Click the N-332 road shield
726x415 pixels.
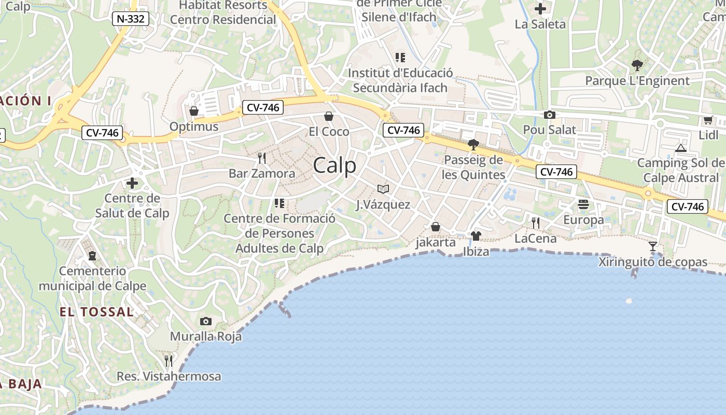(131, 19)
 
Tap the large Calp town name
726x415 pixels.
(334, 165)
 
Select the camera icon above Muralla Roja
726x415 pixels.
(206, 321)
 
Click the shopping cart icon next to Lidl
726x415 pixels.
(708, 120)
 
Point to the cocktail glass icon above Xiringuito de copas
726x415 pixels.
(653, 246)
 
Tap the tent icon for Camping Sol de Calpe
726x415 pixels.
(680, 148)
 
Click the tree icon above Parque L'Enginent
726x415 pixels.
(637, 65)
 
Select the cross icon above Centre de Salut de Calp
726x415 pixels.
(132, 183)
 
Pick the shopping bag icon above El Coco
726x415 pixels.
(328, 116)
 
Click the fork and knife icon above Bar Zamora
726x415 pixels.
(262, 158)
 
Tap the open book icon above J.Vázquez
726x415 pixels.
(383, 189)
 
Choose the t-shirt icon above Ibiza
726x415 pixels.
(476, 237)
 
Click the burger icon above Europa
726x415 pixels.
(583, 204)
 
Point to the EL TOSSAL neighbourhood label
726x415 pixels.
(96, 312)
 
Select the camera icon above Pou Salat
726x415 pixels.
(549, 115)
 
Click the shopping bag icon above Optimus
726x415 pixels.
(194, 111)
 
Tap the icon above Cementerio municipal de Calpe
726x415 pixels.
(92, 256)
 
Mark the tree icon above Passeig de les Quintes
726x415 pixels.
(473, 144)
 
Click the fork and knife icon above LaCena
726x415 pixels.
(536, 223)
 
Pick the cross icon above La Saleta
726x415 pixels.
(540, 9)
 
